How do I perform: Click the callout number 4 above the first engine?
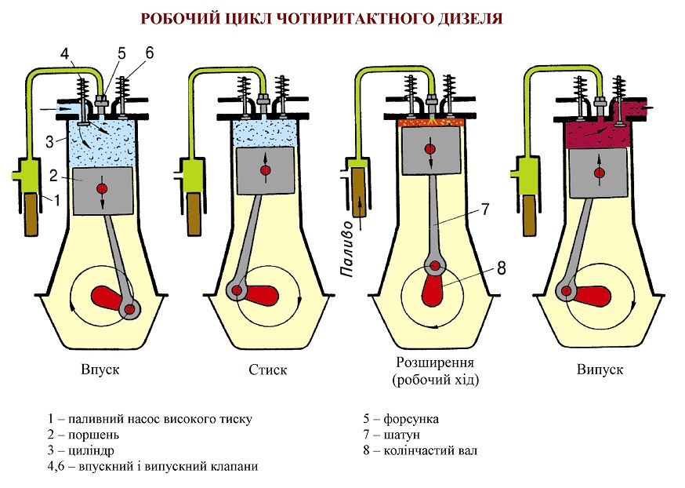(x=66, y=54)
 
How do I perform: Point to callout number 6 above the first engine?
(x=150, y=53)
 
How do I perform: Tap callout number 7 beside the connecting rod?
(x=484, y=209)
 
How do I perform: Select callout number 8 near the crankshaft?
(x=502, y=267)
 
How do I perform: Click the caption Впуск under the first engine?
(x=100, y=368)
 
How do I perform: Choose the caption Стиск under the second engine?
(x=267, y=368)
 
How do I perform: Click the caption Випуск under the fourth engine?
(x=600, y=368)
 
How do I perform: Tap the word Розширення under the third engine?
(x=435, y=364)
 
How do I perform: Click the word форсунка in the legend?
(x=411, y=419)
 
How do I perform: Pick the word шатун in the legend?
(x=402, y=435)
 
